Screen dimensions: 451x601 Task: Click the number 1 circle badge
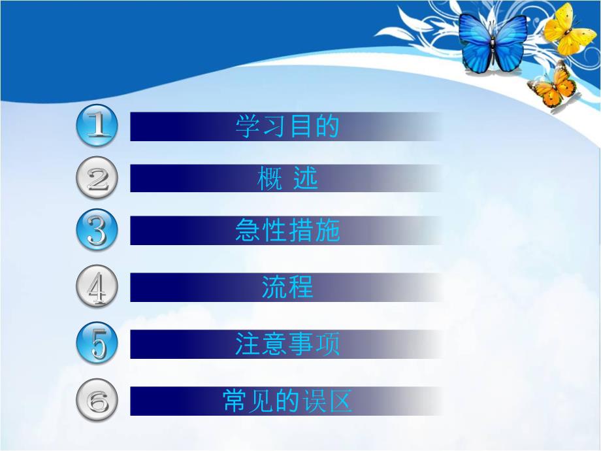[x=97, y=126]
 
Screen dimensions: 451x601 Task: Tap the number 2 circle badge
[x=97, y=178]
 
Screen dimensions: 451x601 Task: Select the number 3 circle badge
[x=97, y=231]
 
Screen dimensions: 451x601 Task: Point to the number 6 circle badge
[x=97, y=401]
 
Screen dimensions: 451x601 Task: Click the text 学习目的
[x=287, y=126]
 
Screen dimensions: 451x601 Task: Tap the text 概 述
[x=287, y=178]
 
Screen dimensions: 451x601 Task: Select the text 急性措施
[x=287, y=231]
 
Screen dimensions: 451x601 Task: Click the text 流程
[x=287, y=288]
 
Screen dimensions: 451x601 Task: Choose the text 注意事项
[x=287, y=344]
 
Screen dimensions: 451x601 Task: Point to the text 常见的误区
[x=287, y=401]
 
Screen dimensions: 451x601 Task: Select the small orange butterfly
[x=552, y=86]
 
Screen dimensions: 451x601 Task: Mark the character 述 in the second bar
[x=305, y=178]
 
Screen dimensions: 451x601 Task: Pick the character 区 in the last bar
[x=340, y=401]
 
